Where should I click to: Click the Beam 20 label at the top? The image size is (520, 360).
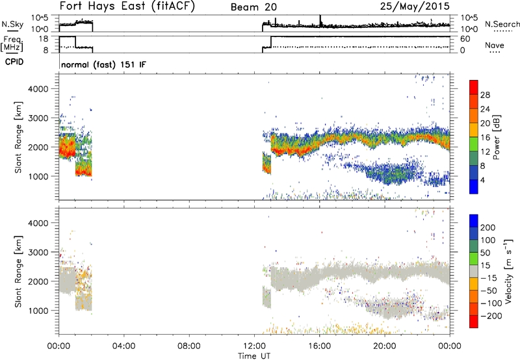[x=255, y=8]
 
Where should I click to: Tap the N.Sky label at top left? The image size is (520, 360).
[x=11, y=24]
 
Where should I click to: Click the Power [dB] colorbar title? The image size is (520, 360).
[x=513, y=137]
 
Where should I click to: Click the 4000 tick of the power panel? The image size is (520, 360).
[x=40, y=88]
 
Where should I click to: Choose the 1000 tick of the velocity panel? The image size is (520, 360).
[x=40, y=311]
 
